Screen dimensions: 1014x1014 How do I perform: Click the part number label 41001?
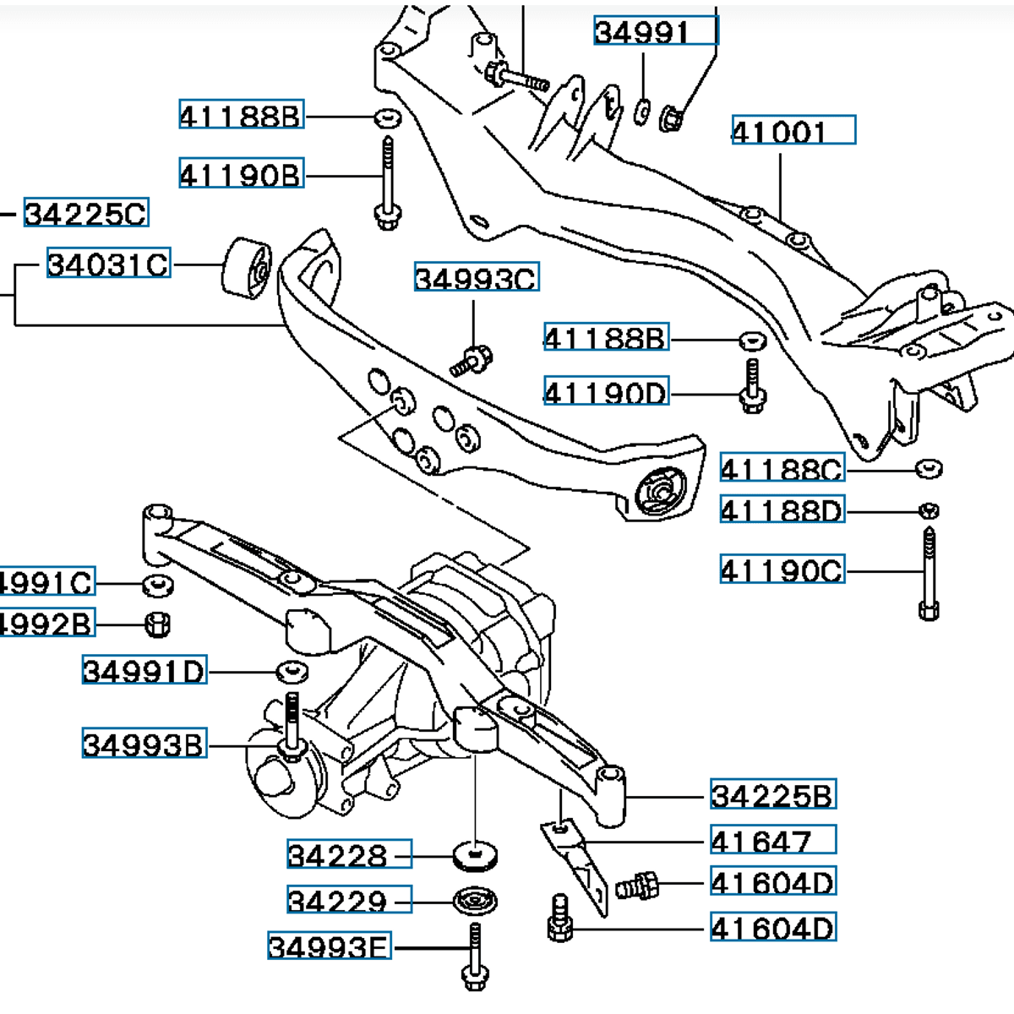(793, 130)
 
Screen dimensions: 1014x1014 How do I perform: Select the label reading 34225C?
(85, 213)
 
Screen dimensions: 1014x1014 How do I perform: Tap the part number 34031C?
(107, 264)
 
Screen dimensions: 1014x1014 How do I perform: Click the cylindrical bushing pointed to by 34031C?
(246, 268)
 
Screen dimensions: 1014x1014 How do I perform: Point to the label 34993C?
(476, 278)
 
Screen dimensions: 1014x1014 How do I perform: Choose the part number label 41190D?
(606, 392)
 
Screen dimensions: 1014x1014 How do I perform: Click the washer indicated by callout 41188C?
(929, 467)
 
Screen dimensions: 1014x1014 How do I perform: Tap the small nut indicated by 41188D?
(929, 510)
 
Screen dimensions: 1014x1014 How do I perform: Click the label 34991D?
(144, 671)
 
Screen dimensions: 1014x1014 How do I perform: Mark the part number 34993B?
(144, 744)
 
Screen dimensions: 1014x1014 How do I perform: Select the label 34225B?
(772, 794)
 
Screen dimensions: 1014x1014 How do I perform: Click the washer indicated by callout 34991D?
(292, 671)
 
